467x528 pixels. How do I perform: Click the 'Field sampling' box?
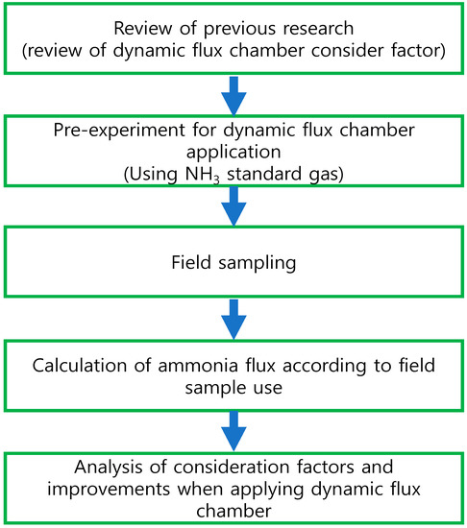[233, 258]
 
